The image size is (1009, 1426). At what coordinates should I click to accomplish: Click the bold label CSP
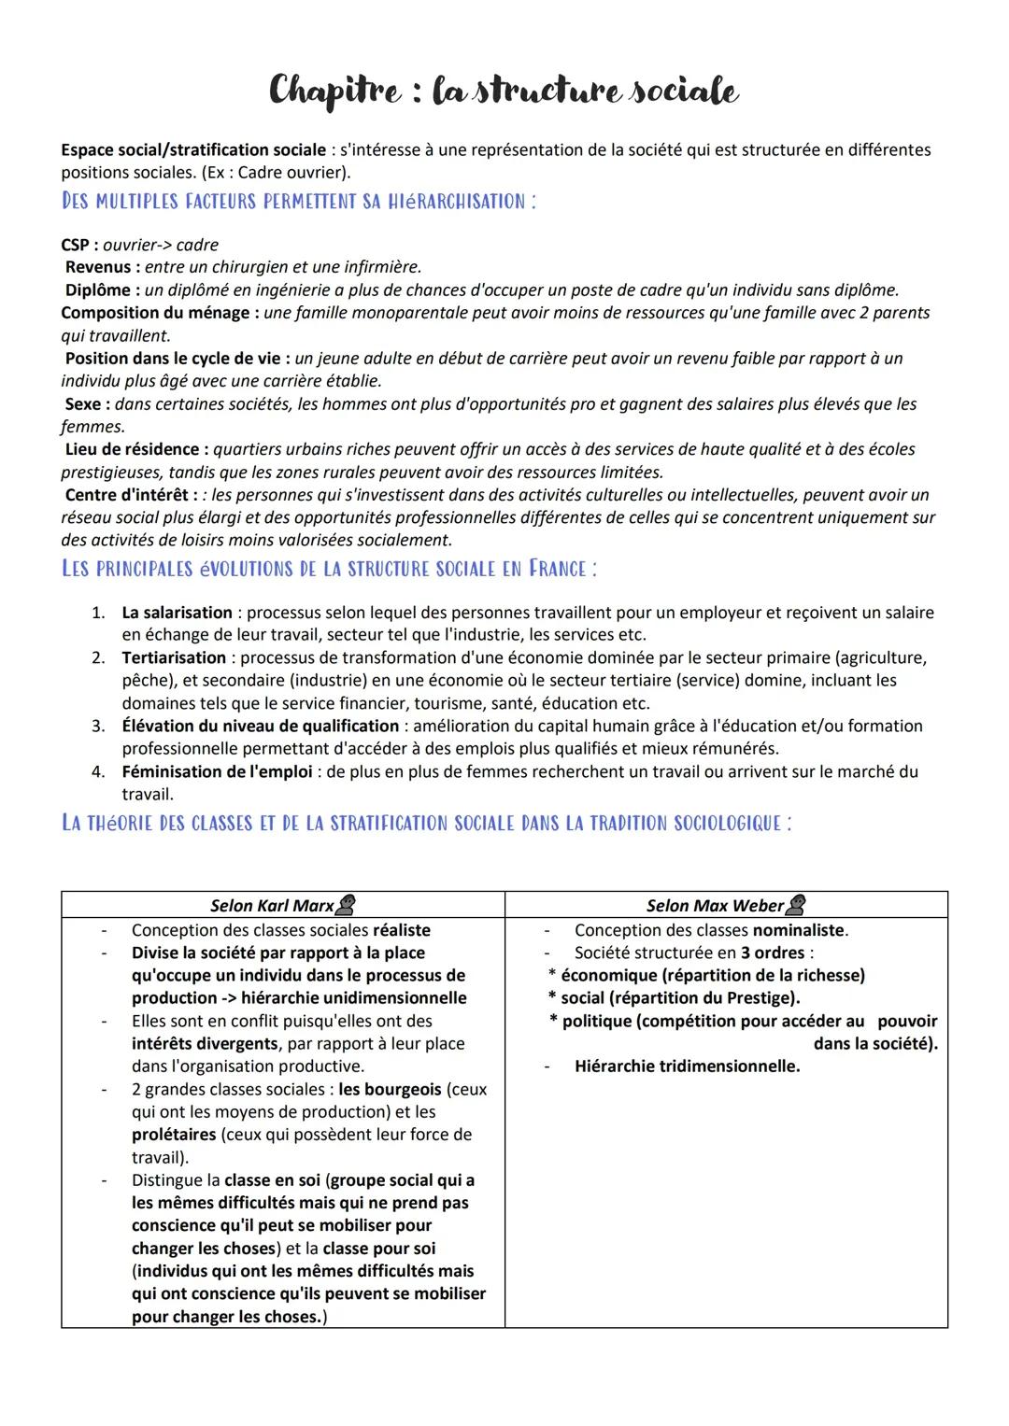tap(78, 245)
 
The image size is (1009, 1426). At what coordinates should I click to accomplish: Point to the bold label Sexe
tap(87, 403)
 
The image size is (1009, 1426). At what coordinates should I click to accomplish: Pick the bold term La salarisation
tap(177, 613)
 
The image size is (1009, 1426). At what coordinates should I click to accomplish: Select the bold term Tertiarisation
tap(174, 657)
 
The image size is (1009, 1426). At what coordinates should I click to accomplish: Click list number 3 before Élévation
tap(97, 726)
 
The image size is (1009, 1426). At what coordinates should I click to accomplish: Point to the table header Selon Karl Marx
tap(272, 905)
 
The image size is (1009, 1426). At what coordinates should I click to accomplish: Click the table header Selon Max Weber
tap(715, 905)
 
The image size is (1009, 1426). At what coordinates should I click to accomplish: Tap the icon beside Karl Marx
tap(346, 904)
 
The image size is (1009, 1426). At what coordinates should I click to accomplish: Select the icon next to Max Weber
tap(796, 904)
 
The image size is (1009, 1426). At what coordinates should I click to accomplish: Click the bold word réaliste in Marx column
tap(402, 930)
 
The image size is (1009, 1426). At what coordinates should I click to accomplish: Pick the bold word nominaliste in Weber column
tap(799, 930)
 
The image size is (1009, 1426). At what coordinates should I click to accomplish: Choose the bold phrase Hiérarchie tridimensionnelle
tap(687, 1066)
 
